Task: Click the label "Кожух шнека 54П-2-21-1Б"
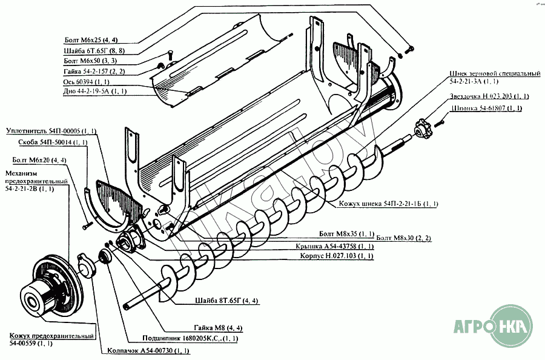point(388,204)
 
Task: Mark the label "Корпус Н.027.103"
point(336,256)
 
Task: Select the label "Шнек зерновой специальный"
point(495,77)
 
